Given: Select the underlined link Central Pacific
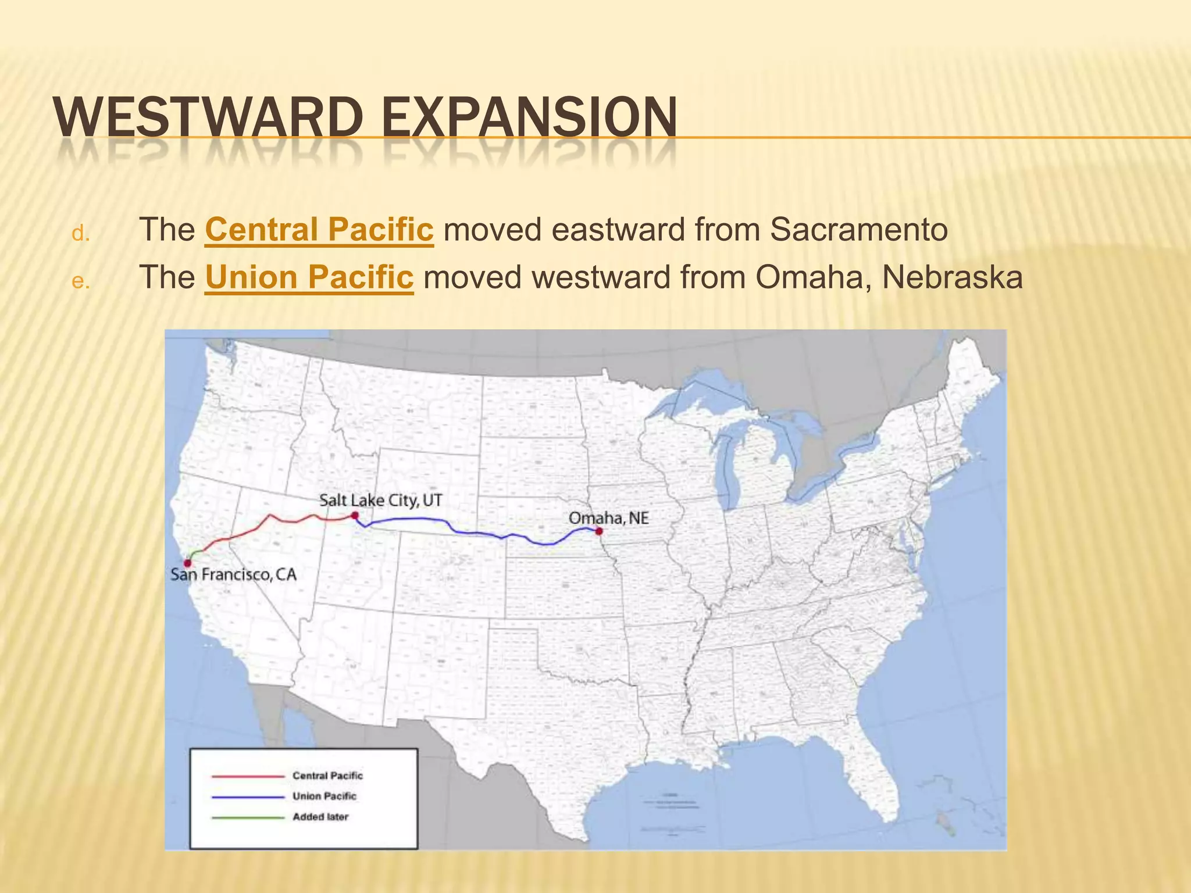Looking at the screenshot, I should click(319, 230).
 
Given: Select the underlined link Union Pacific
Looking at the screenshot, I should click(309, 277).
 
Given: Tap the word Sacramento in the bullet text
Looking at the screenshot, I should click(859, 230).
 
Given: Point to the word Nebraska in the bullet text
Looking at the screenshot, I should click(952, 277).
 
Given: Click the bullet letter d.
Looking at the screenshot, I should click(80, 234).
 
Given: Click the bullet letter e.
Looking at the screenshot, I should click(80, 281).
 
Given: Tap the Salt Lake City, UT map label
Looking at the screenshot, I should click(380, 500).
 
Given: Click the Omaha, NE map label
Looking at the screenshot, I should click(608, 518).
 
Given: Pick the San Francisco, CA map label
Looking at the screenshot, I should click(233, 575).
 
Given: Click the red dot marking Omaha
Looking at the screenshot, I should click(599, 531).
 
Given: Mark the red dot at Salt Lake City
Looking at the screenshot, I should click(354, 515).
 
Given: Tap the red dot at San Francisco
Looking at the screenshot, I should click(187, 563).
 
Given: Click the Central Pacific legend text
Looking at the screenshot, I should click(327, 776).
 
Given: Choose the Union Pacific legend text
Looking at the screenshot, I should click(324, 796).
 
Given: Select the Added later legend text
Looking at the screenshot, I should click(320, 817).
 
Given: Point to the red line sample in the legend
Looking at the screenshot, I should click(248, 776).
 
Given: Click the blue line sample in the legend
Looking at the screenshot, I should click(248, 796).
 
